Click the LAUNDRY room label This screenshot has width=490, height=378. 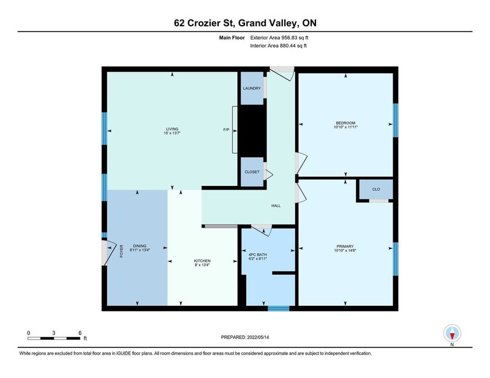(252, 89)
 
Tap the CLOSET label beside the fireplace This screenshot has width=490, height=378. (252, 172)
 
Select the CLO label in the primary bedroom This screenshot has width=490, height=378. (376, 190)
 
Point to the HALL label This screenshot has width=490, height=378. (276, 206)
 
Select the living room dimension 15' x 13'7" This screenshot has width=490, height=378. (172, 133)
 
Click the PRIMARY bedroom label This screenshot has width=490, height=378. (345, 245)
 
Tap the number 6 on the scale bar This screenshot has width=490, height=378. (80, 332)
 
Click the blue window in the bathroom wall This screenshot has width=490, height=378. (279, 308)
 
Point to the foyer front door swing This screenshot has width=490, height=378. (109, 250)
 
